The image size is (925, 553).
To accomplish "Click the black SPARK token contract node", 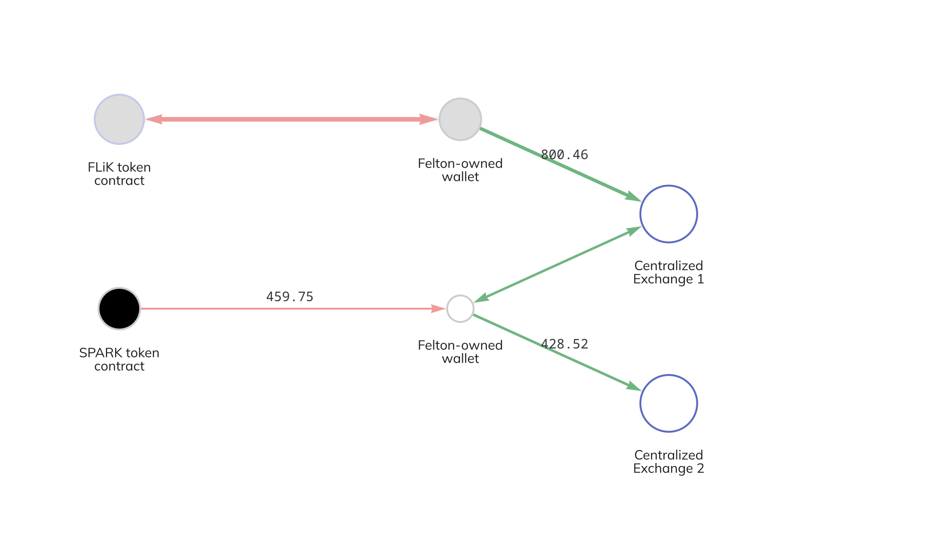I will click(119, 309).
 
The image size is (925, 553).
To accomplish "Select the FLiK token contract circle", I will click(119, 119).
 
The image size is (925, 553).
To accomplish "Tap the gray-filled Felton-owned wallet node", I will click(460, 119).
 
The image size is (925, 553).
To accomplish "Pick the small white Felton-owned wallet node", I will click(460, 309).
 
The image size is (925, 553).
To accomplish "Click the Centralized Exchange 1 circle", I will click(668, 214).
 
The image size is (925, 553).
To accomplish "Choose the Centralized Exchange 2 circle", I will click(668, 403).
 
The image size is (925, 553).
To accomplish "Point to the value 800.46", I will click(564, 155).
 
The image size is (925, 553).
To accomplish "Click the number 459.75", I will click(290, 297).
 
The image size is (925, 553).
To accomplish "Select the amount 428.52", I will click(564, 344).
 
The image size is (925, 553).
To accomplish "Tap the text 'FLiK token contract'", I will click(119, 174).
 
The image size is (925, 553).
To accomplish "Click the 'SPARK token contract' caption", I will click(119, 359).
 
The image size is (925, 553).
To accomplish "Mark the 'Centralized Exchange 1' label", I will click(668, 272).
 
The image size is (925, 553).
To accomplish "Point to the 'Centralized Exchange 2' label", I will click(668, 462).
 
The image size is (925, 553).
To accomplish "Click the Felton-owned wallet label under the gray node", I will click(460, 170).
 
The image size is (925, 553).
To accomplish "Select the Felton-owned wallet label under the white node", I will click(460, 352).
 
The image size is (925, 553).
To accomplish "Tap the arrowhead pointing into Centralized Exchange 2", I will click(633, 386).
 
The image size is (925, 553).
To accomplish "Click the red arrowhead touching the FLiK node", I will click(153, 119).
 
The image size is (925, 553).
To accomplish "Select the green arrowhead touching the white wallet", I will click(482, 298).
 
